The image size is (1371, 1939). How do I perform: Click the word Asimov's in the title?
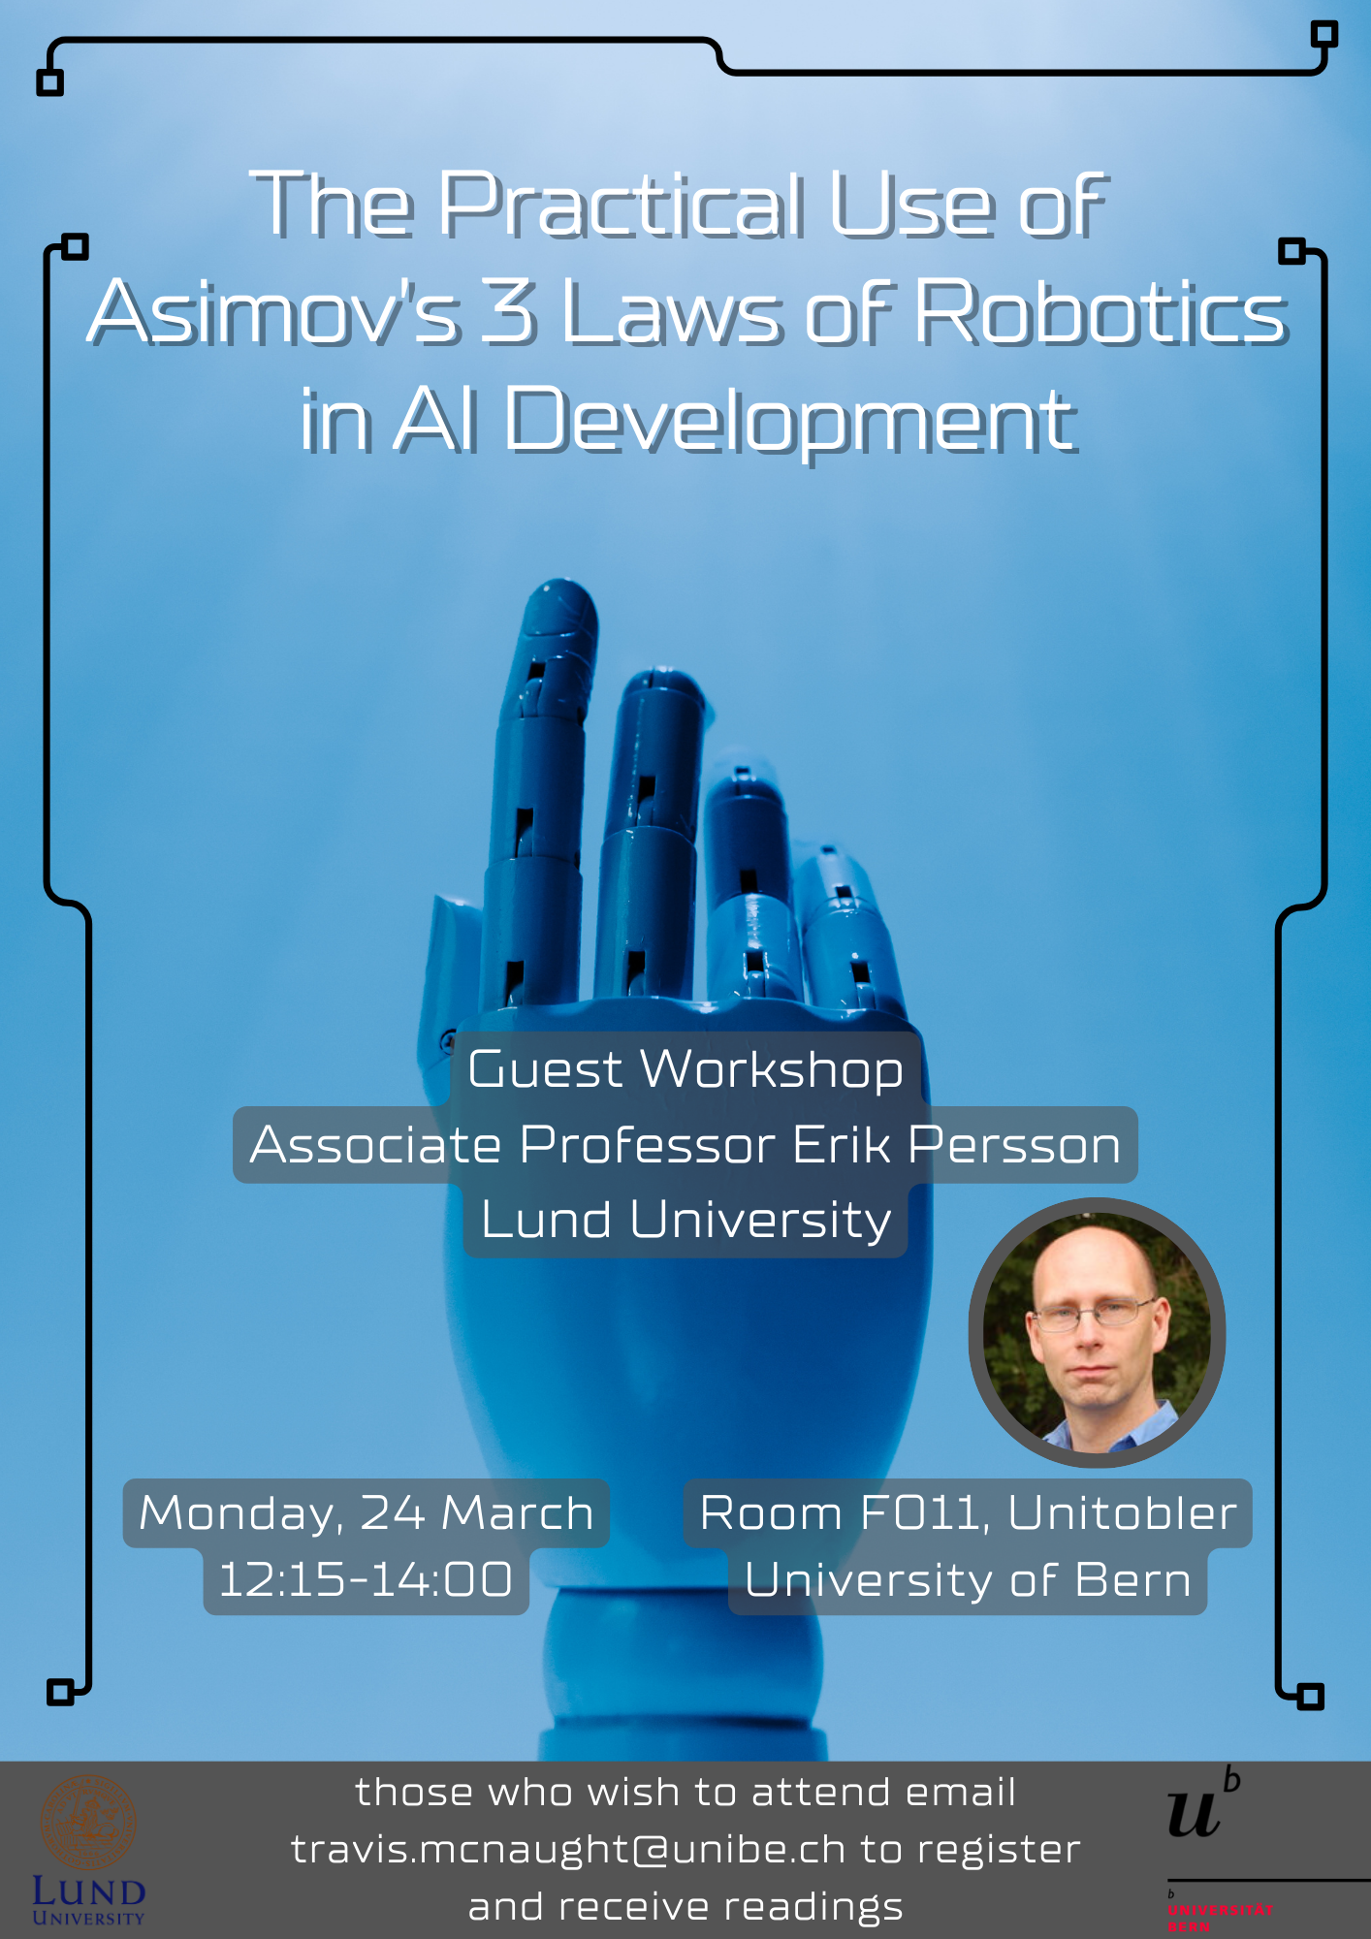coord(272,312)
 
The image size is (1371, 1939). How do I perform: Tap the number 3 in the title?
coord(509,312)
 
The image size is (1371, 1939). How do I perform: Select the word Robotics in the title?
coord(1101,312)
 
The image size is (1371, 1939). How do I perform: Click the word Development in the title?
coord(790,422)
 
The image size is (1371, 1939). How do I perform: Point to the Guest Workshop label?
coord(685,1069)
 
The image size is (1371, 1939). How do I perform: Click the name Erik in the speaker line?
coord(843,1145)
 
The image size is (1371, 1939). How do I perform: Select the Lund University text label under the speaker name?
coord(685,1220)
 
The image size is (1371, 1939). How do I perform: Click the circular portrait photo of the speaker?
coord(1097,1333)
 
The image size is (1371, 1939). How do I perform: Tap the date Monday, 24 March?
coord(367,1513)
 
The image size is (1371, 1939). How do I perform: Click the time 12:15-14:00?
coord(366,1580)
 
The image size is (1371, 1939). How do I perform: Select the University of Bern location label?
coord(968,1580)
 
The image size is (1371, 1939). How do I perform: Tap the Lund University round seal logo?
coord(88,1823)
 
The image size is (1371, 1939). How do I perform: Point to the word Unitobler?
coord(1123,1513)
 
